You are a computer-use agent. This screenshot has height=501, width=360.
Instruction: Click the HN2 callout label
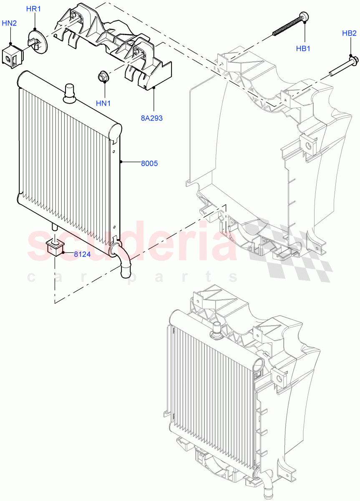[9, 23]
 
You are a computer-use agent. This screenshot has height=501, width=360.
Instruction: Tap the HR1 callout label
[34, 9]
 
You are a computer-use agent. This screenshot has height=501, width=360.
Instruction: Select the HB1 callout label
[303, 49]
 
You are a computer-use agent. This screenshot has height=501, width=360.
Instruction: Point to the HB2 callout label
[349, 33]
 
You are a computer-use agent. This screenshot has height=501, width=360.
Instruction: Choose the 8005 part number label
[149, 164]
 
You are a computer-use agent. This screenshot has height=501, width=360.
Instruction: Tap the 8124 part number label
[83, 254]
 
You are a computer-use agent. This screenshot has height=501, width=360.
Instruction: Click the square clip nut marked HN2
[12, 56]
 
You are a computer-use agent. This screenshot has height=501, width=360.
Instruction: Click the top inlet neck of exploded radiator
[68, 92]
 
